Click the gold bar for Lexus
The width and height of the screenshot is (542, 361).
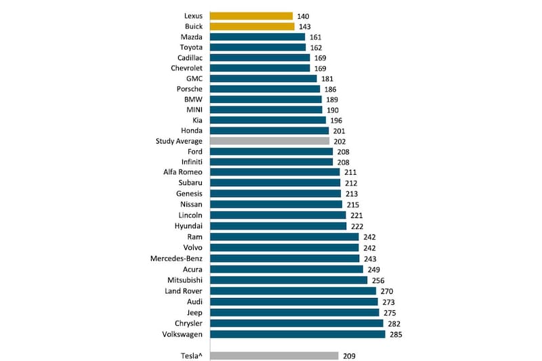point(251,16)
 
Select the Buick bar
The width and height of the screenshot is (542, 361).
point(252,26)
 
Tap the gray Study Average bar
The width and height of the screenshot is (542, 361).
point(269,141)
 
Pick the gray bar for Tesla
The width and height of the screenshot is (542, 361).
point(274,356)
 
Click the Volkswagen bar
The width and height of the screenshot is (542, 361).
point(297,334)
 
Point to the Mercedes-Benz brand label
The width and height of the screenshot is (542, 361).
point(177,258)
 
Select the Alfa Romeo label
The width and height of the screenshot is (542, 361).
point(183,172)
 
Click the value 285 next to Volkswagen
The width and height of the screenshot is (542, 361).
point(396,335)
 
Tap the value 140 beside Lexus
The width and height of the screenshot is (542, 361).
point(304,16)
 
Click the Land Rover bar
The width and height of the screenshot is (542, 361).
point(293,291)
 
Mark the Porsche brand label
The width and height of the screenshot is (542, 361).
point(189,89)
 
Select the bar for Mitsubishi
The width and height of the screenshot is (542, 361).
point(289,280)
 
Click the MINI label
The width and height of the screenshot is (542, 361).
point(192,109)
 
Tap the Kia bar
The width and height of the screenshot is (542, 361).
point(268,120)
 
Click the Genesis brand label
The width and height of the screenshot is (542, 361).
point(188,194)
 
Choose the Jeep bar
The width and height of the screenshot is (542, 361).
point(294,312)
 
